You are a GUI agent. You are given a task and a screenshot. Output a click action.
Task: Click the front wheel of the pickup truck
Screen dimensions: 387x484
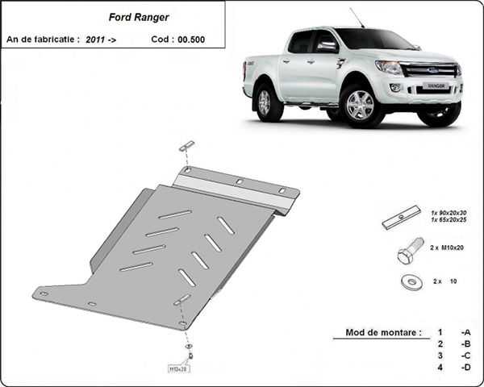point(360,106)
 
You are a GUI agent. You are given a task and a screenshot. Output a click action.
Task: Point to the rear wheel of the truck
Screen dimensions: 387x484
point(265,102)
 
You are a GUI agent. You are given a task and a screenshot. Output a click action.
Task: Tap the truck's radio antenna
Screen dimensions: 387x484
point(357,18)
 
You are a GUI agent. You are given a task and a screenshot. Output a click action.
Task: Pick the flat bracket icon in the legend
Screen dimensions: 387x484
point(402,216)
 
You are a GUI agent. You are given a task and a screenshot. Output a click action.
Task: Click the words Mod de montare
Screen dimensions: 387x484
point(376,332)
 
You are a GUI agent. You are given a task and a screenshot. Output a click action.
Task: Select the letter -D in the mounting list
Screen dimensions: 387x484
point(465,368)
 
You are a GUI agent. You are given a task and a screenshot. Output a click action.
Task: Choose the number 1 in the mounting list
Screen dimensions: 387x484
point(440,332)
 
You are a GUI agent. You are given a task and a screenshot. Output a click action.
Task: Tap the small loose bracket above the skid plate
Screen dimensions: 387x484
point(187,146)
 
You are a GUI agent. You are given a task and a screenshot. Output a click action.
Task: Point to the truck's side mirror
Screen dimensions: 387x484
point(326,46)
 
